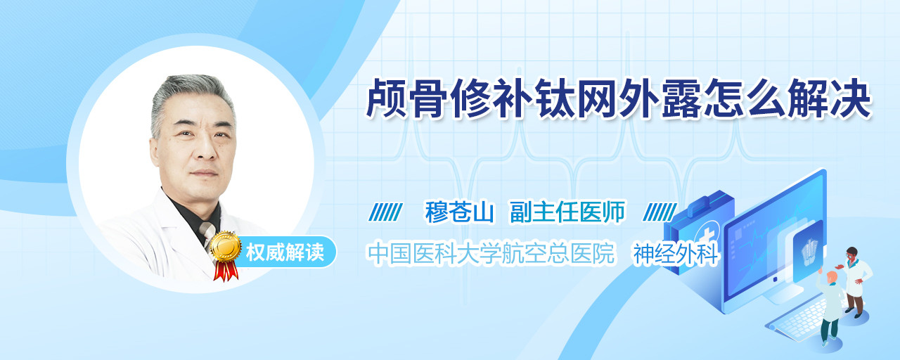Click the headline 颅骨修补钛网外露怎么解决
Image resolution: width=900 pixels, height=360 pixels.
[618, 99]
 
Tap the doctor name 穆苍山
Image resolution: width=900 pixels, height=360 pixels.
[459, 212]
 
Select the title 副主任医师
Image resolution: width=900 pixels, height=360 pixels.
[567, 212]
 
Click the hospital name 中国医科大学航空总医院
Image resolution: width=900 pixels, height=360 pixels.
[491, 254]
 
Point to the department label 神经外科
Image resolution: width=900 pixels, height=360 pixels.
[676, 255]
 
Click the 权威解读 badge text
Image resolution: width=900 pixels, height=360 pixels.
[285, 252]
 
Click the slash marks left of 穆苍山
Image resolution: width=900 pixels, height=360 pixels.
[385, 212]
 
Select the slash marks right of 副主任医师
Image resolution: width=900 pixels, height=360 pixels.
[660, 212]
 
